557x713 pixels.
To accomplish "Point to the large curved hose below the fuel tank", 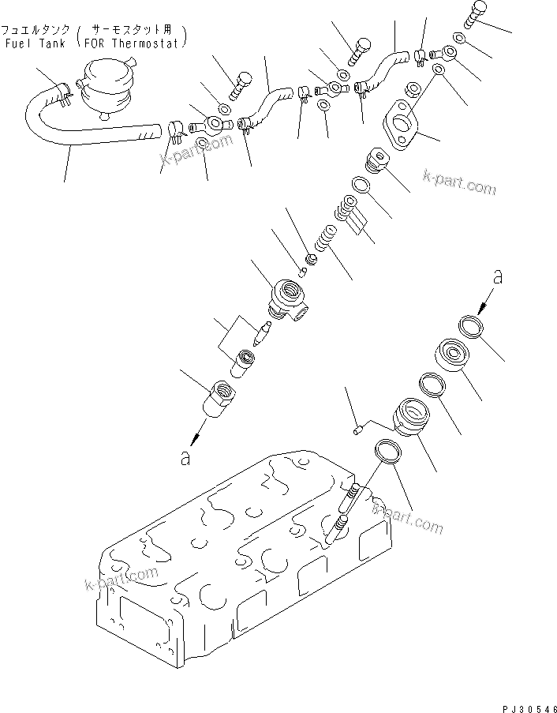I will pos(87,134).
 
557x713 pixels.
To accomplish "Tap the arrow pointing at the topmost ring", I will pos(484,300).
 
